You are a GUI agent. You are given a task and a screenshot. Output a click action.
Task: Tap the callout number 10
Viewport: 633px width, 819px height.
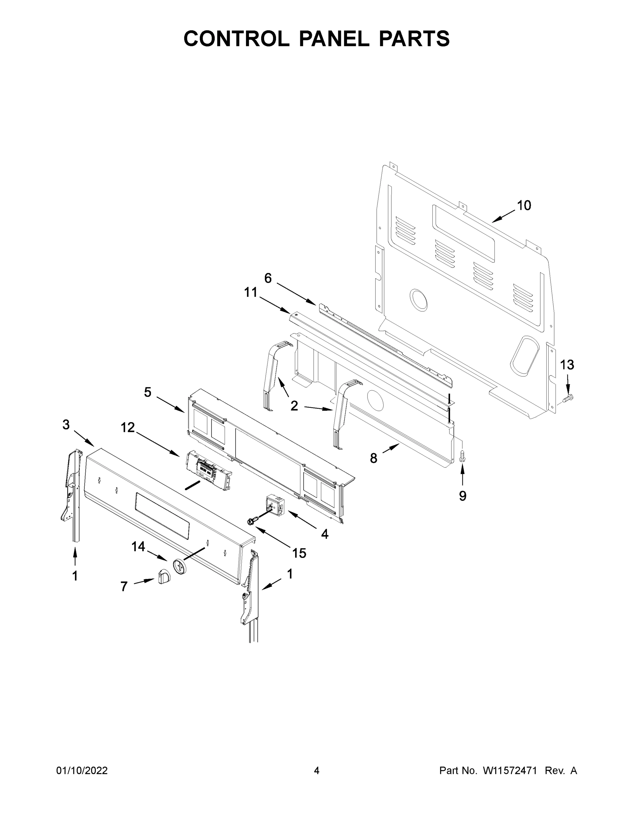[x=524, y=205]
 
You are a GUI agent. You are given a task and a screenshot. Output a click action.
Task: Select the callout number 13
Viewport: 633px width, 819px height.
[x=567, y=364]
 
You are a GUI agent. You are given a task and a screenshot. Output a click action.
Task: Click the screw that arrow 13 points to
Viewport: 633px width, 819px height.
[x=570, y=397]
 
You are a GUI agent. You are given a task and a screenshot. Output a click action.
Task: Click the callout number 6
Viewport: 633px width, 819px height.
[x=268, y=278]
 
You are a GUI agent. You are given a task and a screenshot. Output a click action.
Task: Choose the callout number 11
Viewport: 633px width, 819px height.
[x=251, y=292]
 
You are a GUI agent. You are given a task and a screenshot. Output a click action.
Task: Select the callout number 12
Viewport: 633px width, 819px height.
[x=128, y=427]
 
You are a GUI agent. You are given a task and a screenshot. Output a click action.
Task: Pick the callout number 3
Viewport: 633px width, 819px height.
[x=66, y=425]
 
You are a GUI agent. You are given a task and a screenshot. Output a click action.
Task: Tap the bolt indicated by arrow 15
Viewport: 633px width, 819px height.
[x=251, y=521]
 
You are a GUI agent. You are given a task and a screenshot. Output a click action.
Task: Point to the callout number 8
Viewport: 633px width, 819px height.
[x=374, y=458]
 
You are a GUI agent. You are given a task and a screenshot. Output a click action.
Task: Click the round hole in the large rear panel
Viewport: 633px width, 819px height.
[x=418, y=300]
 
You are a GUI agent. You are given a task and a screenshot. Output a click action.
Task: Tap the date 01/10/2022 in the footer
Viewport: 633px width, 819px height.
[x=82, y=771]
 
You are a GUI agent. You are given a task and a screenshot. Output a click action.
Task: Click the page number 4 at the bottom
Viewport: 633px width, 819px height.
[x=317, y=771]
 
